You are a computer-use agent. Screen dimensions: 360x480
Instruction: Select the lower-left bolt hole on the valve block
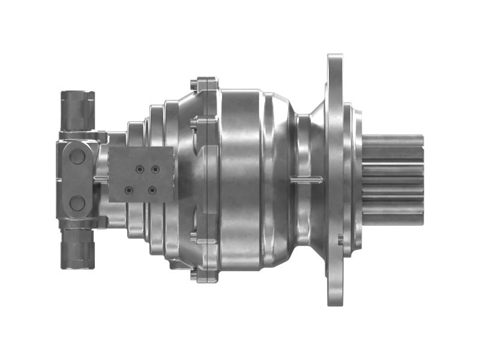point(128,191)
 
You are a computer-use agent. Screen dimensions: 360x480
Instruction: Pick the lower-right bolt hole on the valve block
point(152,191)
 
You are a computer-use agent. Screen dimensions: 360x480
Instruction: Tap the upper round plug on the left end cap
point(77,156)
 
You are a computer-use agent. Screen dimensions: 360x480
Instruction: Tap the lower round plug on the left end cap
point(77,203)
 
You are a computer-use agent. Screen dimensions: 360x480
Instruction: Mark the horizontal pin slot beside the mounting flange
point(306,178)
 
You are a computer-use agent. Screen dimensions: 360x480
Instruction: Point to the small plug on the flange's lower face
point(340,242)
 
